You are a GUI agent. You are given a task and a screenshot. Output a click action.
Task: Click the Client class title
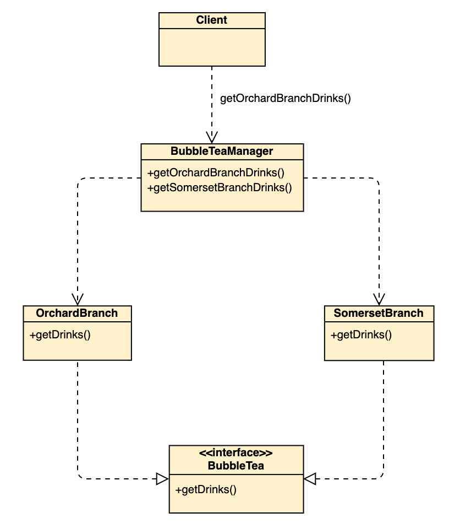[212, 20]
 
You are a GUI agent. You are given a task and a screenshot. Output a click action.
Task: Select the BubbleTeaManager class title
[222, 151]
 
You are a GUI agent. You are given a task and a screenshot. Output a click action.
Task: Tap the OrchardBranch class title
[77, 313]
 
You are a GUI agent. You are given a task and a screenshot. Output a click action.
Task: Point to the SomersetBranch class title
[379, 313]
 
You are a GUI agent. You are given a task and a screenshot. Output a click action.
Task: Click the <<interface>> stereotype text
[236, 453]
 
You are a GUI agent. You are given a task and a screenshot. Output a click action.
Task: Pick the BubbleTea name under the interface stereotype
[236, 466]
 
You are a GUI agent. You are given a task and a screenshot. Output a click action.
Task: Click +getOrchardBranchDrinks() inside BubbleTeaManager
[216, 172]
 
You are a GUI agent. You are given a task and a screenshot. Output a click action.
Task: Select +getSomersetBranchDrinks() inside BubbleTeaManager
[219, 187]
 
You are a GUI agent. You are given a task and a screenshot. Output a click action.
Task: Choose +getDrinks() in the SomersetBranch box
[361, 334]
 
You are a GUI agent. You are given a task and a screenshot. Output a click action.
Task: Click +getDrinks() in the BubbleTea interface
[206, 490]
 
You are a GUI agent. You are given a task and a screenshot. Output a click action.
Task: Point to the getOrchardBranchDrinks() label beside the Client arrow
[285, 99]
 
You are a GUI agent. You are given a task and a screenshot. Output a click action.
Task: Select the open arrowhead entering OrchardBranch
[78, 299]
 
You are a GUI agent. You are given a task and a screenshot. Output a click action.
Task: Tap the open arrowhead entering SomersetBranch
[379, 299]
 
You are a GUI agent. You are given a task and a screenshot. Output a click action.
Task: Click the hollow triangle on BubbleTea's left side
[162, 479]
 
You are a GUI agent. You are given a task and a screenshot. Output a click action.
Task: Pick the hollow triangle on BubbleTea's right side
[310, 479]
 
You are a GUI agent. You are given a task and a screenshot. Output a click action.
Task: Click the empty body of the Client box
[212, 47]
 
